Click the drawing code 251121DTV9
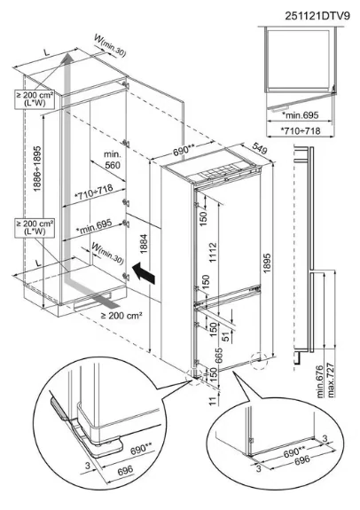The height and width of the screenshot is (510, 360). [317, 15]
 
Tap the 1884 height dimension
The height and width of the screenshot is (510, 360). [144, 244]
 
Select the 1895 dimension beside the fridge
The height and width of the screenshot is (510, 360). [267, 263]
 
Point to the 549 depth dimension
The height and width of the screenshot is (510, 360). [260, 149]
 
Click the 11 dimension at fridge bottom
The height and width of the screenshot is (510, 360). [213, 401]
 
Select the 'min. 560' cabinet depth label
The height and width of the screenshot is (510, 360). [113, 160]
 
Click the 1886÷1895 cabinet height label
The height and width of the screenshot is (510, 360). [38, 169]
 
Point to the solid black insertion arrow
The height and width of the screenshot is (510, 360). [144, 272]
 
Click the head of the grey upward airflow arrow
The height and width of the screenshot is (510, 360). [68, 59]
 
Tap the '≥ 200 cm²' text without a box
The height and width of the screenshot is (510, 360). [121, 315]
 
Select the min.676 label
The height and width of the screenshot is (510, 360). [321, 381]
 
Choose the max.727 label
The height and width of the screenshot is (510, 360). [332, 380]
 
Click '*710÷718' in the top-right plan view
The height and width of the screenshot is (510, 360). [301, 130]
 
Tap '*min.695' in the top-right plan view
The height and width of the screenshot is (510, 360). [300, 115]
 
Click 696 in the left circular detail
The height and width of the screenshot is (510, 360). [125, 471]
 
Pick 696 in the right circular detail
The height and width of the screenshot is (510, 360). [302, 459]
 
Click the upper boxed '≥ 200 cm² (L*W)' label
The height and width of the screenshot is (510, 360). [35, 98]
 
